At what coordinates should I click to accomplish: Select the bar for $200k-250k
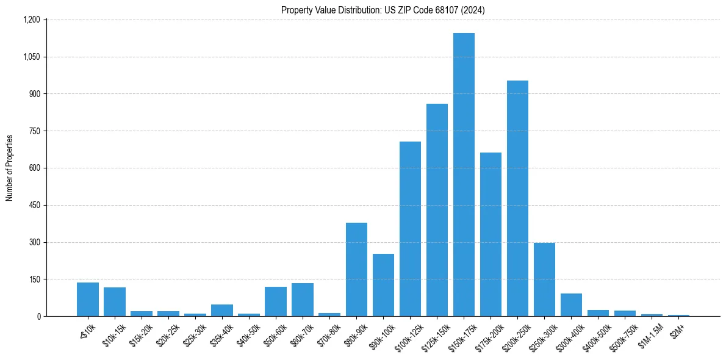tap(517, 198)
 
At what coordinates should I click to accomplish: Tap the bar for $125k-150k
tap(437, 210)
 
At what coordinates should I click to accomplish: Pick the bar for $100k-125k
tap(410, 229)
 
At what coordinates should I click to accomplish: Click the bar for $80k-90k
tap(356, 269)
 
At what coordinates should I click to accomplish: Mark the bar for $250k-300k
tap(544, 279)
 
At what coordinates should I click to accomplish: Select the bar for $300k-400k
tap(571, 304)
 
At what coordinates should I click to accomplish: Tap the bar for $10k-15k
tap(115, 301)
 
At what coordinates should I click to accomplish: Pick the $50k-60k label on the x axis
tap(275, 333)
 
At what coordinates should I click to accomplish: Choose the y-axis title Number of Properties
tap(9, 168)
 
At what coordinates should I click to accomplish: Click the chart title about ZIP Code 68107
tap(383, 10)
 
